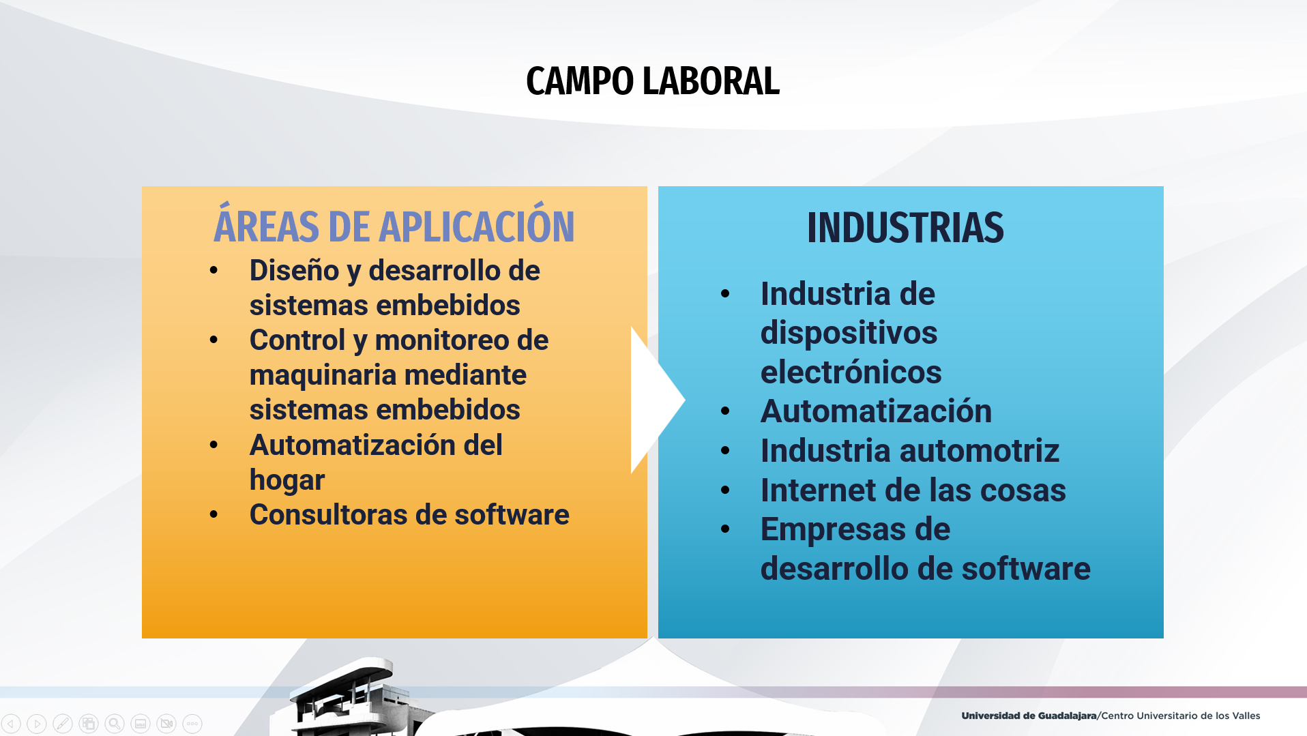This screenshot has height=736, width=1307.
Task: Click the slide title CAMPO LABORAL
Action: click(x=652, y=81)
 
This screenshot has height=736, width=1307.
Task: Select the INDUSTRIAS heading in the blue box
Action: click(x=905, y=227)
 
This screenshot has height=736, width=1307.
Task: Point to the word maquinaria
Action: click(x=327, y=376)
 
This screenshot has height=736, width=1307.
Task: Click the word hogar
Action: click(x=287, y=480)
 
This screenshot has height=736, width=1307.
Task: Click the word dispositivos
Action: click(x=849, y=334)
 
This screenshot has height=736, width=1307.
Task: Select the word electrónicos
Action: click(x=851, y=372)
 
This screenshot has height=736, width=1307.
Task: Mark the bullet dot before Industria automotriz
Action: click(x=725, y=451)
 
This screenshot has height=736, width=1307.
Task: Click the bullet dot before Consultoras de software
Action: click(x=214, y=514)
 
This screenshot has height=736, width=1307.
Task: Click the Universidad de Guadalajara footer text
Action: click(x=1029, y=716)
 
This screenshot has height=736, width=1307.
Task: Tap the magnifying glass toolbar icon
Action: click(x=115, y=724)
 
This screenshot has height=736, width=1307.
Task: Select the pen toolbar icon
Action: click(x=63, y=724)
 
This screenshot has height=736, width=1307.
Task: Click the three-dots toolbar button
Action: click(x=192, y=724)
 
